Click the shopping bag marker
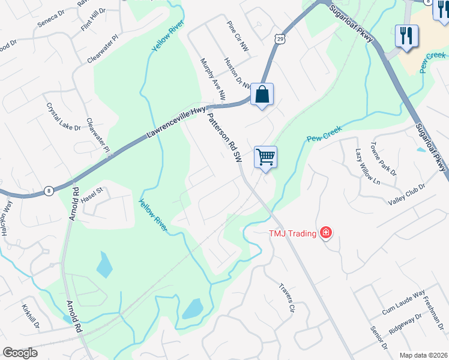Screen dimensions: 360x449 coord(262,95)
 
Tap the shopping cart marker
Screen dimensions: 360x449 coord(265,157)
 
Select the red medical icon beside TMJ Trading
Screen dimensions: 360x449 coord(326,232)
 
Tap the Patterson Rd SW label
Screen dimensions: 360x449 coord(224,139)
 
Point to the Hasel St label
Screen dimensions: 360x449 coord(92,194)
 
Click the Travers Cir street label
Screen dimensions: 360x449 coord(288,298)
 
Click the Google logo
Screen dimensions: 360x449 coord(20,353)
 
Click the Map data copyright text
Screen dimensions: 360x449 coord(423,355)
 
